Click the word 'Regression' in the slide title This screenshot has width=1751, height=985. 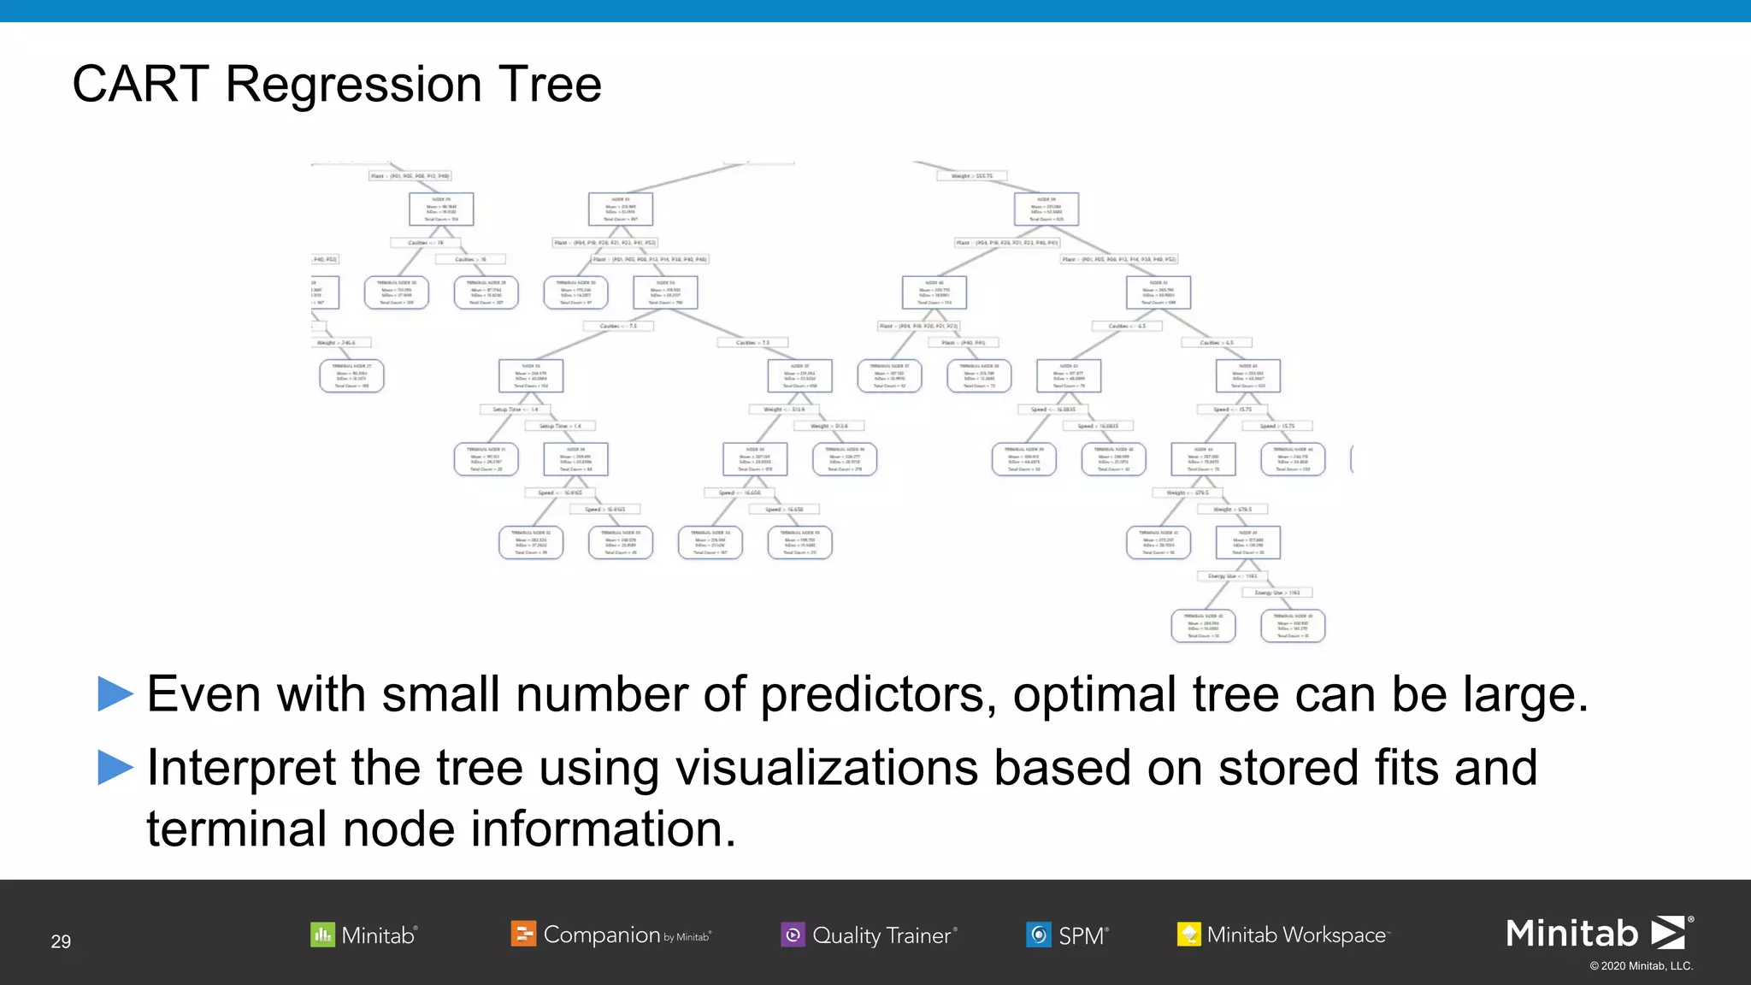[x=353, y=86]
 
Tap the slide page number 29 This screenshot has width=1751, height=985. [x=61, y=941]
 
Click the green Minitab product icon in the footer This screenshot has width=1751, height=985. [x=322, y=935]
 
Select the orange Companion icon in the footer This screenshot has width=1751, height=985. [x=522, y=934]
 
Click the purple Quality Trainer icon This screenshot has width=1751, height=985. [x=793, y=935]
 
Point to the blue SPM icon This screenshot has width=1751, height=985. [x=1038, y=935]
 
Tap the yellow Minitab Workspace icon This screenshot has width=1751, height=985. [x=1188, y=935]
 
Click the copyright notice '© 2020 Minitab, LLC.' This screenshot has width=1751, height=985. [x=1641, y=966]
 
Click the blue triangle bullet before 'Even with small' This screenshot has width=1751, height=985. [x=115, y=693]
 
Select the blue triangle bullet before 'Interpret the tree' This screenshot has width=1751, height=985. [x=115, y=767]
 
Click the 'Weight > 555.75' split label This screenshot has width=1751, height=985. [x=972, y=176]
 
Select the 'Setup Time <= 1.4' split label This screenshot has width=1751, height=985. [x=516, y=410]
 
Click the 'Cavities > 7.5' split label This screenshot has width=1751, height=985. [x=752, y=343]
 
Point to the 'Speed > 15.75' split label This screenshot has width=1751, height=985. [x=1277, y=426]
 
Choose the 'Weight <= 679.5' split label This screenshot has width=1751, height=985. [x=1188, y=493]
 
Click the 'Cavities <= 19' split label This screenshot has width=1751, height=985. [x=425, y=243]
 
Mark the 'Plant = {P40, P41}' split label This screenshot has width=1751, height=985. [x=963, y=343]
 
